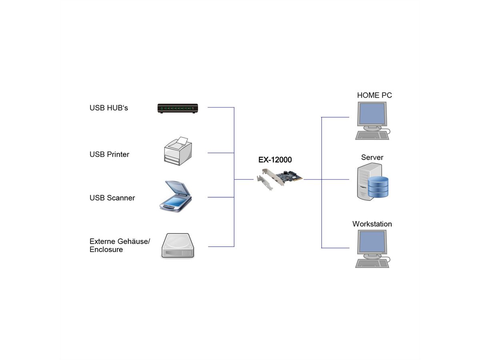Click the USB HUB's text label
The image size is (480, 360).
coord(109,108)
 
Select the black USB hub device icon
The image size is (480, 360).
coord(178,108)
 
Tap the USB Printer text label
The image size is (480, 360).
coord(109,154)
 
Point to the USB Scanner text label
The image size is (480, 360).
coord(112,198)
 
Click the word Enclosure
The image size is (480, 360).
coord(106,250)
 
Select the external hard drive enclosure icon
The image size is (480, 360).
coord(178,246)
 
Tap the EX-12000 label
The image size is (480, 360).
coord(275,160)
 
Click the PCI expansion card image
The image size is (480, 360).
coord(280,178)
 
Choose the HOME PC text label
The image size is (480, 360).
coord(374,95)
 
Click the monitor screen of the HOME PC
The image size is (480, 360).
coord(372,114)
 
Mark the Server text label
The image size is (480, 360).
coord(372,157)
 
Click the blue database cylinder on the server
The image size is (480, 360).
coord(378,186)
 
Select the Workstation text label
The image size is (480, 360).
coord(372,224)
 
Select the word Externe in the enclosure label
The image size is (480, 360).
coord(102,241)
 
